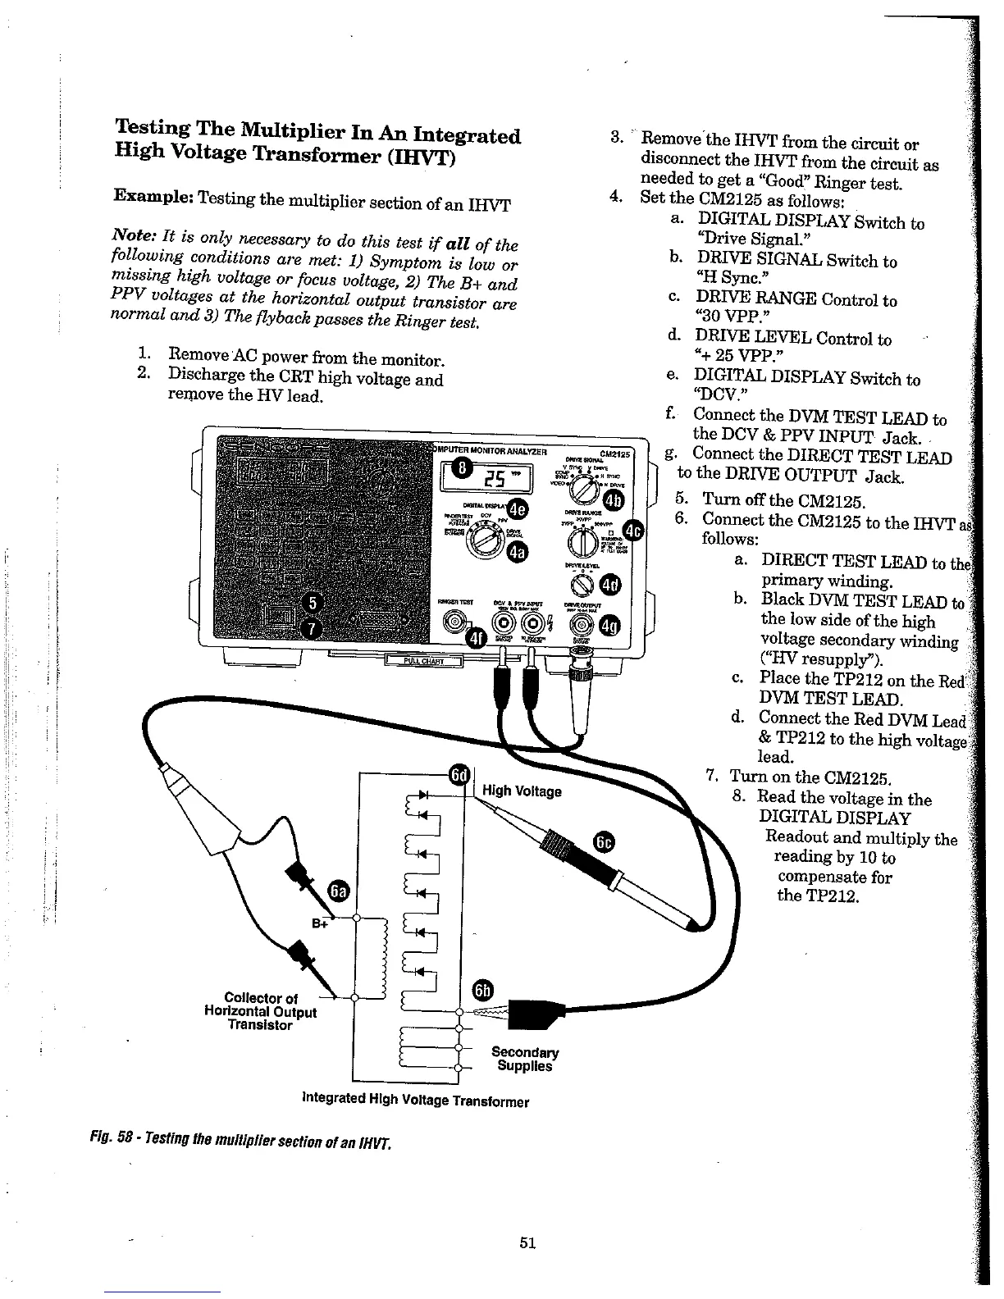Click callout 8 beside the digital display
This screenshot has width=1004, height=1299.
pos(464,468)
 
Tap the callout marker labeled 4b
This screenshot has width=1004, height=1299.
pos(614,501)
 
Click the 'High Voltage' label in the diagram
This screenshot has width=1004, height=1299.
pos(522,791)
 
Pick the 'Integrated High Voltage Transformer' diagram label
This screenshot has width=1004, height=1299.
pos(416,1101)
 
